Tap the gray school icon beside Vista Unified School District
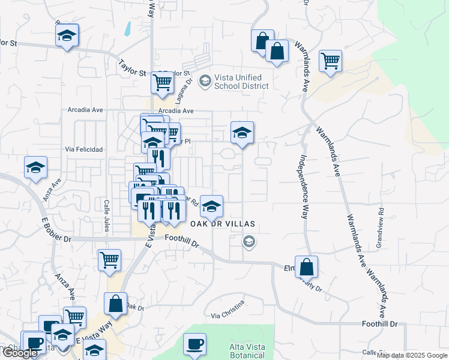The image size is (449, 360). (205, 80)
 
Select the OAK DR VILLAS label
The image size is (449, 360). (223, 224)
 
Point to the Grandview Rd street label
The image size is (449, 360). (379, 221)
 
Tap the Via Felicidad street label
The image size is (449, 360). (84, 149)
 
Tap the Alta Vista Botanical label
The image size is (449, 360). (246, 351)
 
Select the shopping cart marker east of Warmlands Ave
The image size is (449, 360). (330, 61)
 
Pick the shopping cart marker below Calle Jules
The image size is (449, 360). (109, 260)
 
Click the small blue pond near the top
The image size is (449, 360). (127, 29)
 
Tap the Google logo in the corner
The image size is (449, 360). (20, 353)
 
